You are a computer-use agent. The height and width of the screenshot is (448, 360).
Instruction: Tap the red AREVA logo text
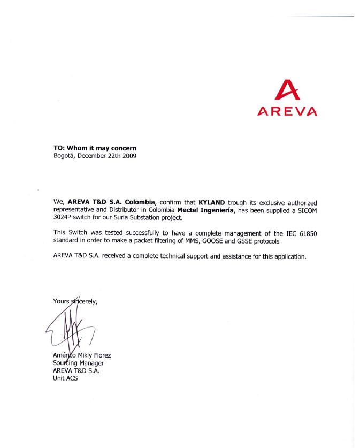point(287,112)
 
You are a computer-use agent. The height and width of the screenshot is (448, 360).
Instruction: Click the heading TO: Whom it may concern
point(98,148)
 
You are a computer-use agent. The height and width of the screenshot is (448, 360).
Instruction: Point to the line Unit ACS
point(65,379)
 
